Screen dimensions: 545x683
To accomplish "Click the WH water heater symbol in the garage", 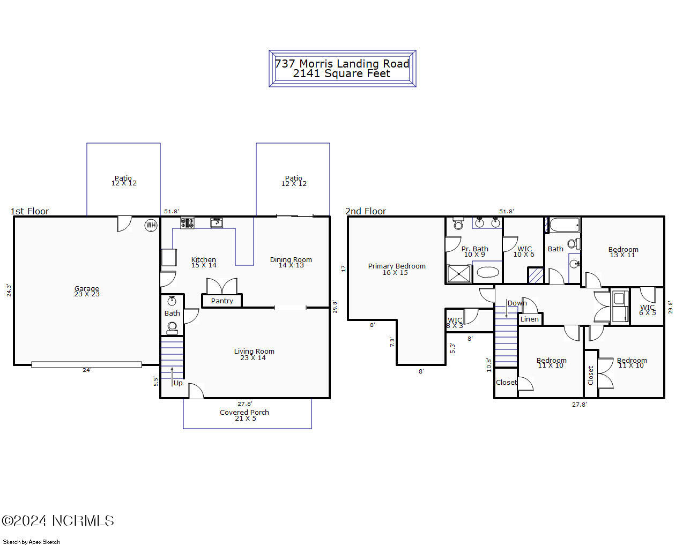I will (151, 225).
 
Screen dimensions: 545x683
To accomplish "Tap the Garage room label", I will (87, 291).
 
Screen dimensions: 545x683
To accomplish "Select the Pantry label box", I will (222, 301).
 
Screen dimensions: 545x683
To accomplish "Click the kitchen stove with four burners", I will (187, 223).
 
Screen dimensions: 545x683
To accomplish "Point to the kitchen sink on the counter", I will (217, 222).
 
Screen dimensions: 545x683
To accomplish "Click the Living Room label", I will (254, 354).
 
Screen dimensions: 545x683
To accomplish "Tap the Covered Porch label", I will (244, 415).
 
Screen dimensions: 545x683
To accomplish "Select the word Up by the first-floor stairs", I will (178, 383).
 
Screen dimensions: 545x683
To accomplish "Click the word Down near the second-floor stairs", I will (517, 303).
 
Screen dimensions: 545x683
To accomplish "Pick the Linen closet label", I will (530, 319).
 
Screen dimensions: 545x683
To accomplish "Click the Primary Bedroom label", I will (396, 269).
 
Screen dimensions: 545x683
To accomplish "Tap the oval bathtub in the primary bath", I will (488, 272).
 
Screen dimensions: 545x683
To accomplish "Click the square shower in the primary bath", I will (459, 274).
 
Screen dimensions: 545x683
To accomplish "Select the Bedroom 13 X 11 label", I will (623, 252).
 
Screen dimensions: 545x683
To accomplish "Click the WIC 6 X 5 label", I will (647, 310).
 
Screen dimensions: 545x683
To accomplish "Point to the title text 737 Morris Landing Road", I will (342, 63).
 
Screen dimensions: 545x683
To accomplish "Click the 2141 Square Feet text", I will (341, 74).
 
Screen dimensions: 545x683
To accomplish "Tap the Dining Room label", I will (291, 262).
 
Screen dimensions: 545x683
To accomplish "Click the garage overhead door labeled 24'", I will (86, 365).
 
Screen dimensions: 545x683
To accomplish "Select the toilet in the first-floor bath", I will (172, 327).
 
